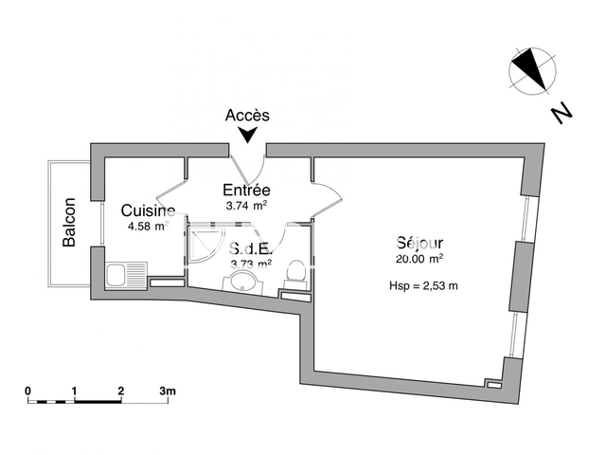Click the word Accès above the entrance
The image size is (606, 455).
click(x=247, y=116)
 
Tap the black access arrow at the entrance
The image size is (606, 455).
click(x=247, y=135)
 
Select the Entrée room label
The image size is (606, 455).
click(x=246, y=190)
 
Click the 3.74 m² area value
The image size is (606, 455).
click(x=246, y=206)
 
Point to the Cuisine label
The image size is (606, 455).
click(x=148, y=210)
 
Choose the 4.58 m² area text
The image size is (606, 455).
click(x=148, y=226)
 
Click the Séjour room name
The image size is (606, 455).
click(x=419, y=243)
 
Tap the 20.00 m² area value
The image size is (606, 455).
click(x=419, y=259)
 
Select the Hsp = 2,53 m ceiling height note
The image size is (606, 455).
click(x=423, y=286)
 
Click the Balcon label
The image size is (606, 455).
click(x=69, y=222)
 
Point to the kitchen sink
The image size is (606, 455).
click(x=126, y=276)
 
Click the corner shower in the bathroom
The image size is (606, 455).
click(x=205, y=244)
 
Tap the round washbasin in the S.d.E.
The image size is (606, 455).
click(x=243, y=281)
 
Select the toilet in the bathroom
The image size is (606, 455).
click(x=296, y=274)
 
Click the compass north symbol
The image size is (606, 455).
click(x=532, y=71)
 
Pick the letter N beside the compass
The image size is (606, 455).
click(x=561, y=114)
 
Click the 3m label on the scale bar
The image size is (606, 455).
click(x=168, y=391)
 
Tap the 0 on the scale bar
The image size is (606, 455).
click(x=27, y=391)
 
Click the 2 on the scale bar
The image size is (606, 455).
click(x=121, y=391)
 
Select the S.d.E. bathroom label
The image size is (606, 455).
click(x=251, y=248)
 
